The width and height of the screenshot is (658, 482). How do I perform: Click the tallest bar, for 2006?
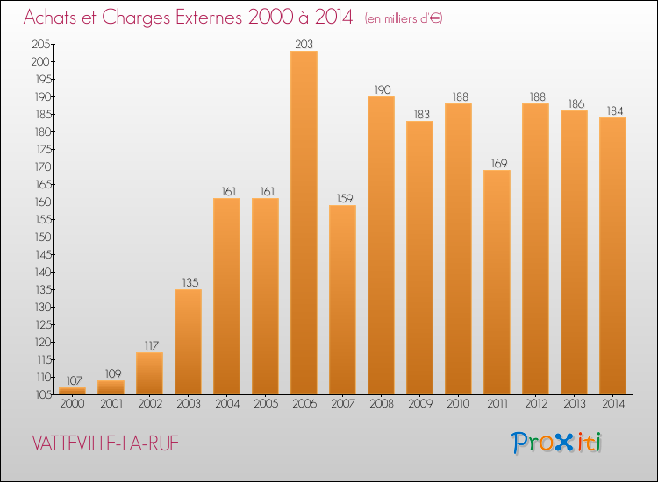pos(304,223)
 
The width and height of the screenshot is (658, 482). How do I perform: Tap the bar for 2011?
pos(497,282)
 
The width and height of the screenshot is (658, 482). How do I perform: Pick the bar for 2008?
pos(381,245)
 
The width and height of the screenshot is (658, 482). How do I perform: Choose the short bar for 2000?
pos(72,391)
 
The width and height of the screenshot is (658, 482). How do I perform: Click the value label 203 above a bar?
pos(304,44)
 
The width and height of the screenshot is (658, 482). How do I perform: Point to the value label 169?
pos(497,162)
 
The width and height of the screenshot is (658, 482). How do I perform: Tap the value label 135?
pos(188,281)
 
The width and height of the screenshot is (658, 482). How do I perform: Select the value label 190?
pos(381,89)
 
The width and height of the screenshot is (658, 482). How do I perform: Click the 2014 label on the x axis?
pos(612,404)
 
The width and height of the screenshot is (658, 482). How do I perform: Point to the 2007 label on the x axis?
pos(342,404)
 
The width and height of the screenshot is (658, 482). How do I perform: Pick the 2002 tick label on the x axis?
pos(149,404)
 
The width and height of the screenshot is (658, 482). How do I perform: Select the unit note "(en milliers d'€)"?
pos(404,18)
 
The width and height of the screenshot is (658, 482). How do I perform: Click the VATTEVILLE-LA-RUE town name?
pos(104,443)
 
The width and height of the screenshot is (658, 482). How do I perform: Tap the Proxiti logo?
pos(557,443)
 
